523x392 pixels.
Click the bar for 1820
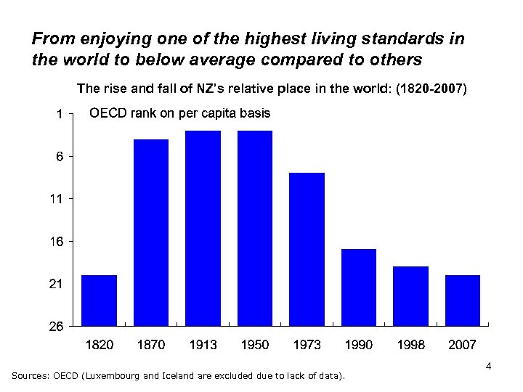pyautogui.click(x=100, y=300)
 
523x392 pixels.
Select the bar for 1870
pyautogui.click(x=151, y=232)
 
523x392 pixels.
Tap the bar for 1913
pyautogui.click(x=203, y=227)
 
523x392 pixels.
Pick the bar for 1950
pyautogui.click(x=255, y=227)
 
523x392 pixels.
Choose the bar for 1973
pyautogui.click(x=307, y=248)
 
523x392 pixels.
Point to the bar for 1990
pyautogui.click(x=359, y=287)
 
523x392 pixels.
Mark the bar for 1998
pyautogui.click(x=410, y=295)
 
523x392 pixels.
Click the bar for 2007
pyautogui.click(x=462, y=300)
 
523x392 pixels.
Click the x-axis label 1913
pyautogui.click(x=203, y=345)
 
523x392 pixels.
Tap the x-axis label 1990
pyautogui.click(x=359, y=345)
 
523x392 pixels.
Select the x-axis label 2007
pyautogui.click(x=462, y=345)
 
